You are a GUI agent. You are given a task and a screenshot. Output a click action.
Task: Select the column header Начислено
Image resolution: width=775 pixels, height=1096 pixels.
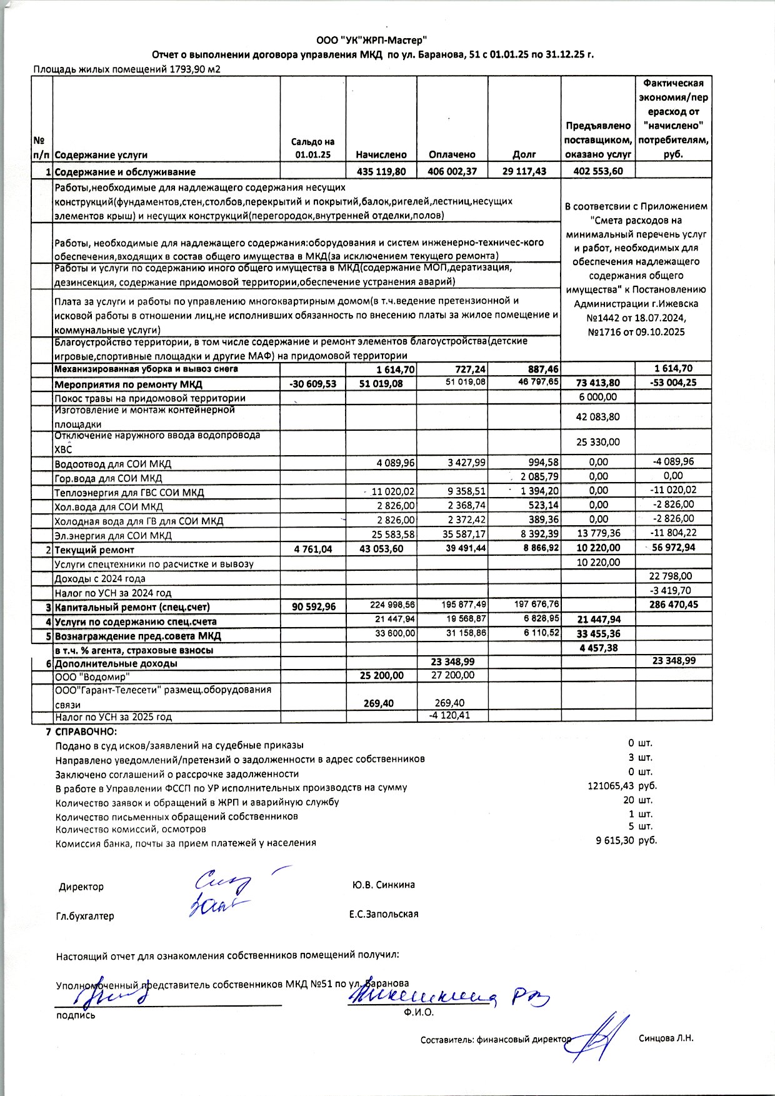tap(381, 154)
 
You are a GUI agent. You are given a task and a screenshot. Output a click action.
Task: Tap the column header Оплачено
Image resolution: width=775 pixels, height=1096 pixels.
tap(452, 154)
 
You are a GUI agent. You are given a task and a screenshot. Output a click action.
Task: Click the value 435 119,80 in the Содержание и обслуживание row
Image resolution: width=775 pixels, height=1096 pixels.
tap(381, 171)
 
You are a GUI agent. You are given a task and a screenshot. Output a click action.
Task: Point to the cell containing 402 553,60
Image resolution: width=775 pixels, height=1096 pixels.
tap(597, 171)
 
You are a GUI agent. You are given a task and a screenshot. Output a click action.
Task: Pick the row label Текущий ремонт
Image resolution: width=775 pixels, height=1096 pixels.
tap(94, 550)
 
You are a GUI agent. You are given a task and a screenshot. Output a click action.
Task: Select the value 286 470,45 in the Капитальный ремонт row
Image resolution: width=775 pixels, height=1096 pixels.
tap(673, 605)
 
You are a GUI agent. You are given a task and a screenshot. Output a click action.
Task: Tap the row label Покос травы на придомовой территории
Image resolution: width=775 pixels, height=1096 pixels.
tap(150, 398)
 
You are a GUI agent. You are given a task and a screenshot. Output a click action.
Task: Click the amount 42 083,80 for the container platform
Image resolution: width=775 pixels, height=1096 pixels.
tap(597, 417)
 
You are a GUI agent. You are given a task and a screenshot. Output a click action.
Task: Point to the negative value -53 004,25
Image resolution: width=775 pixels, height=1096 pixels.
tap(673, 383)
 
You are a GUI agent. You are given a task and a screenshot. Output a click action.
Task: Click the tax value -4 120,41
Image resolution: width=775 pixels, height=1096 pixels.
tap(447, 715)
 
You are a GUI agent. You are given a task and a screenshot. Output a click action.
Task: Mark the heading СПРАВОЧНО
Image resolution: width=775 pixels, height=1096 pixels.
tap(86, 732)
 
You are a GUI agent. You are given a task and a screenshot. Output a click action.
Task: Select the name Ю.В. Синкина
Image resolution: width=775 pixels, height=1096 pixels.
tap(383, 885)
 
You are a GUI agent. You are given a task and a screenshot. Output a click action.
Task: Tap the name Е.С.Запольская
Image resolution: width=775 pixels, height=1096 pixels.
tap(384, 913)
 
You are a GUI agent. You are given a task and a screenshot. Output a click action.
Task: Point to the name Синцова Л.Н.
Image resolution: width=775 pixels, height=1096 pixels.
tap(666, 1038)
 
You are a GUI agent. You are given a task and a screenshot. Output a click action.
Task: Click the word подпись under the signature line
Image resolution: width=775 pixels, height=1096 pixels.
tap(76, 1015)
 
